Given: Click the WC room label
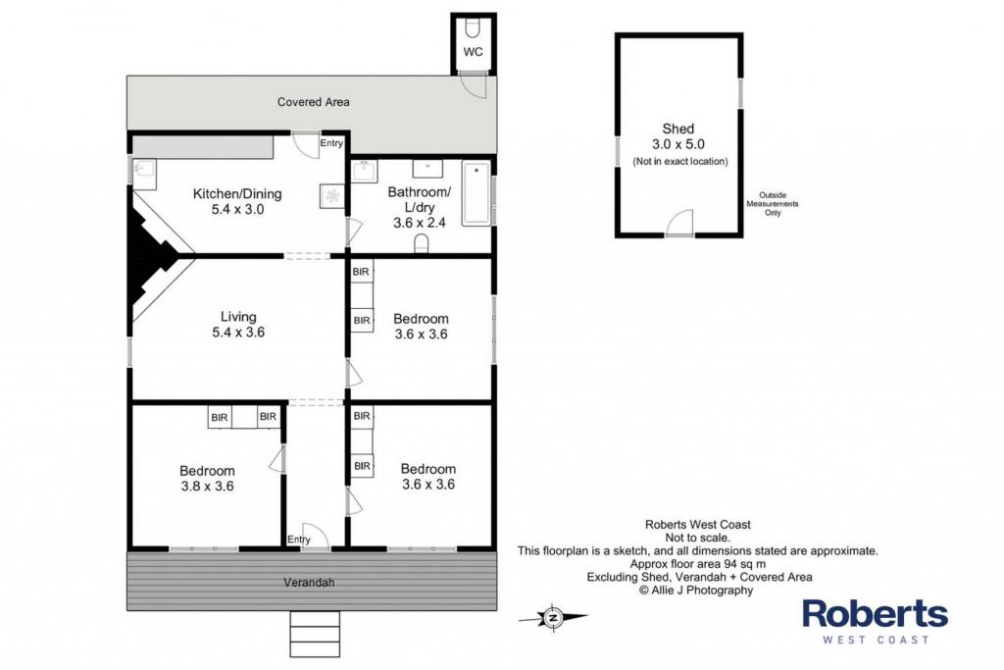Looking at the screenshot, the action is click(474, 52).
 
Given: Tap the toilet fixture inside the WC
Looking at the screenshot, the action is click(474, 28).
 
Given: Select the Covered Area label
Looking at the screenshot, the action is click(313, 102).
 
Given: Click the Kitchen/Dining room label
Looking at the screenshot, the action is click(237, 193).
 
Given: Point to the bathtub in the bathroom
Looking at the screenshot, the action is click(477, 193).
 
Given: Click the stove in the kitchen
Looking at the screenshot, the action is click(332, 196).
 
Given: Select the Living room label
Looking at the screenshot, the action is click(238, 317).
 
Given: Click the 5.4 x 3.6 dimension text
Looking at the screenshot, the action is click(238, 333).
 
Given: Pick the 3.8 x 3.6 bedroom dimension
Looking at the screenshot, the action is click(208, 487).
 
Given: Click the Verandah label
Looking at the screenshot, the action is click(309, 583).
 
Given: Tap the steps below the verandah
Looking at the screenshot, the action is click(315, 634).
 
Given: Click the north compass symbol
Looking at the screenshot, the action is click(553, 618).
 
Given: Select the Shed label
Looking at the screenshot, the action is click(678, 129).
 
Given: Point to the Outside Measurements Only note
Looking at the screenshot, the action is click(773, 204).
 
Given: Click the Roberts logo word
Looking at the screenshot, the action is click(876, 614).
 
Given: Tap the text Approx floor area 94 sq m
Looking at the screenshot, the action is click(698, 564).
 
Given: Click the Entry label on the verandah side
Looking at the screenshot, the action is click(299, 540).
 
